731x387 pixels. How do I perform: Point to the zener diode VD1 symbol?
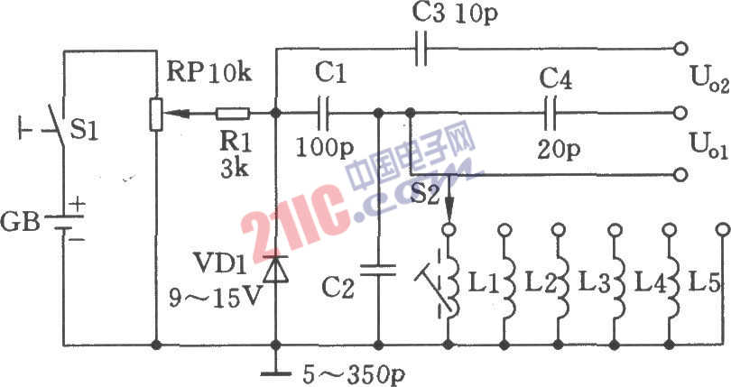coord(275,268)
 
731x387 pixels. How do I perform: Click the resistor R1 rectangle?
coord(231,114)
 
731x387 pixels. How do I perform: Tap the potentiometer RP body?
coord(156,114)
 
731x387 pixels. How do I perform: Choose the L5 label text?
coord(703,282)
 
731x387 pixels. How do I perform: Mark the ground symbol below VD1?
coord(275,370)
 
